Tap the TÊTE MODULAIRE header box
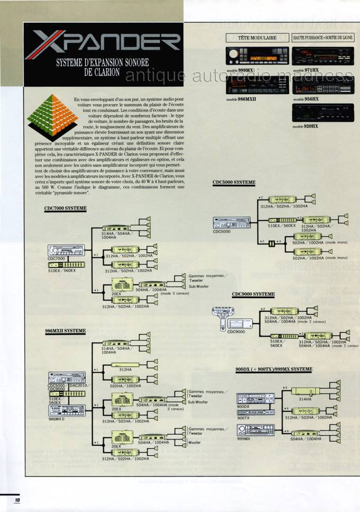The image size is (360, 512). pos(257,38)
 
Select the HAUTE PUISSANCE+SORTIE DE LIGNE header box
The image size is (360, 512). pos(322,38)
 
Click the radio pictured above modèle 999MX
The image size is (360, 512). pos(257,56)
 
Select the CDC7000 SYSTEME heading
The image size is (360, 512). pos(65,209)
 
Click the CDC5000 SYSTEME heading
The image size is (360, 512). pos(234,183)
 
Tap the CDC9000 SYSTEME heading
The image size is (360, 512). pos(253,294)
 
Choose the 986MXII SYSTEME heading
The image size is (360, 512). pos(65,331)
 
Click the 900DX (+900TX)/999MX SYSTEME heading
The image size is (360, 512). pos(274,369)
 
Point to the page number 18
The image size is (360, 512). pos(17,500)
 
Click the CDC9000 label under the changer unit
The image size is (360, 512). pos(237,332)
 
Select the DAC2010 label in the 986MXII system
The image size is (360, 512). pos(77,385)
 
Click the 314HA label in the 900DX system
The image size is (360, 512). pos(305,400)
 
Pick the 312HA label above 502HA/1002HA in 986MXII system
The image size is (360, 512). pos(125,370)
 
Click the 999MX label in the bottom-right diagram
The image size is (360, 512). pos(244,439)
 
